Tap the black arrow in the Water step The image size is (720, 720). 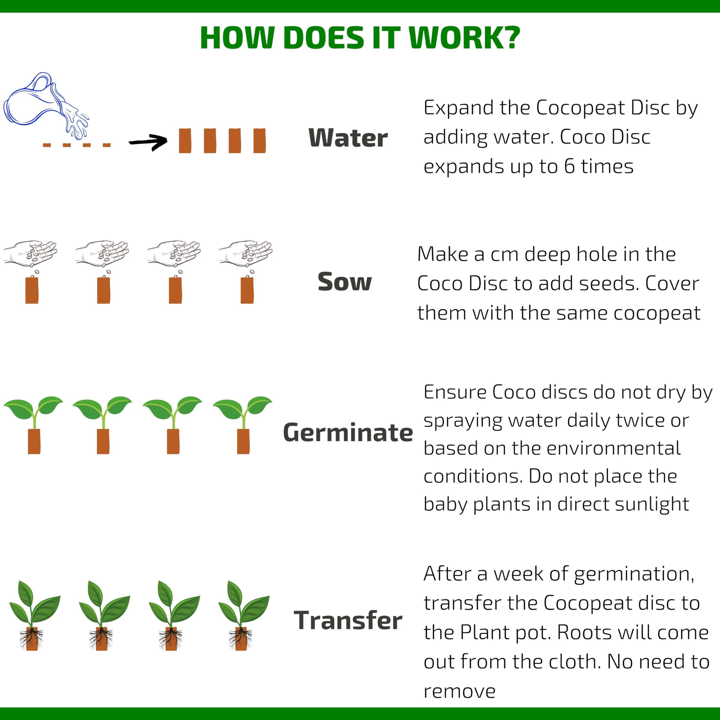148,142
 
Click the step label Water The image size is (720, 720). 348,138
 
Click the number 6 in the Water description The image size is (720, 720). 569,166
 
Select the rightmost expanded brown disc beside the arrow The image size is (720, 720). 259,141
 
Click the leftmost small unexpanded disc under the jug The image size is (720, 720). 47,145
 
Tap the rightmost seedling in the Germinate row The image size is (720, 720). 243,425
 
